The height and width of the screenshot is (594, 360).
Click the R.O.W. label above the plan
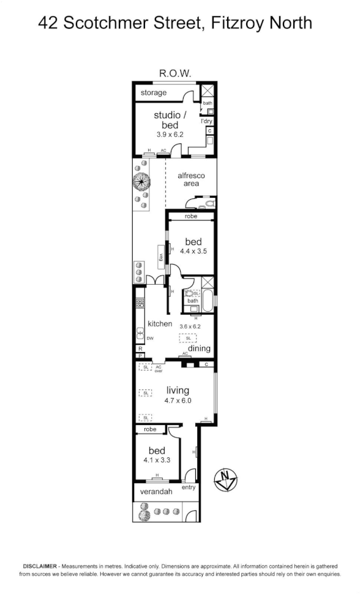176,73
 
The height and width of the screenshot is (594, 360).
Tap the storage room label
154,92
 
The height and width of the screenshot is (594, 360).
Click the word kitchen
160,323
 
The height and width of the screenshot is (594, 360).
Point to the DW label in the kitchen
150,337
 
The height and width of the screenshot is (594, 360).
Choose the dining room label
200,348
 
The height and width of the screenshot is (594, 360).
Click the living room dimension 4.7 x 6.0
178,400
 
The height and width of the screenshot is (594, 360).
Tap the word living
178,390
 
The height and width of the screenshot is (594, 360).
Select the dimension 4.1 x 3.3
157,461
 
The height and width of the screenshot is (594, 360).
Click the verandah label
156,491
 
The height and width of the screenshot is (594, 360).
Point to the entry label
189,487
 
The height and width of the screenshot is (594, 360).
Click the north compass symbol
225,478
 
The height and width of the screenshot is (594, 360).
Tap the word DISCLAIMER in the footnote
40,566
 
